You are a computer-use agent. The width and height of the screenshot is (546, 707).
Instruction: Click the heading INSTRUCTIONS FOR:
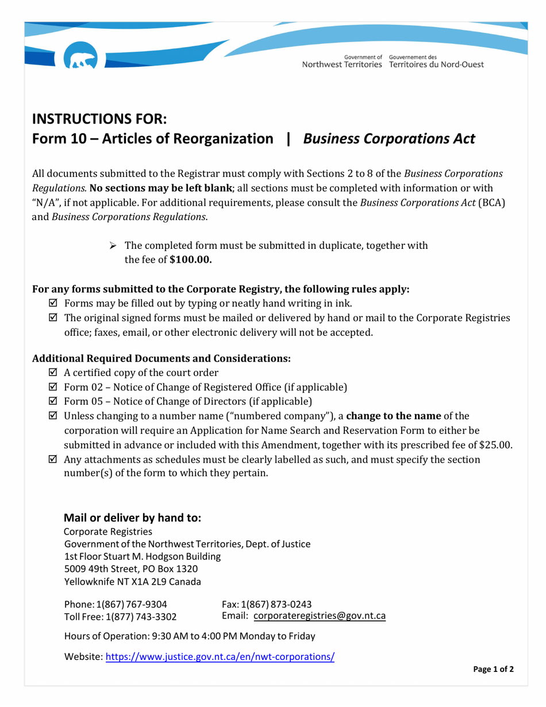[99, 119]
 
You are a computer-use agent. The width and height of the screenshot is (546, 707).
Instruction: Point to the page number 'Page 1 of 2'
[493, 670]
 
